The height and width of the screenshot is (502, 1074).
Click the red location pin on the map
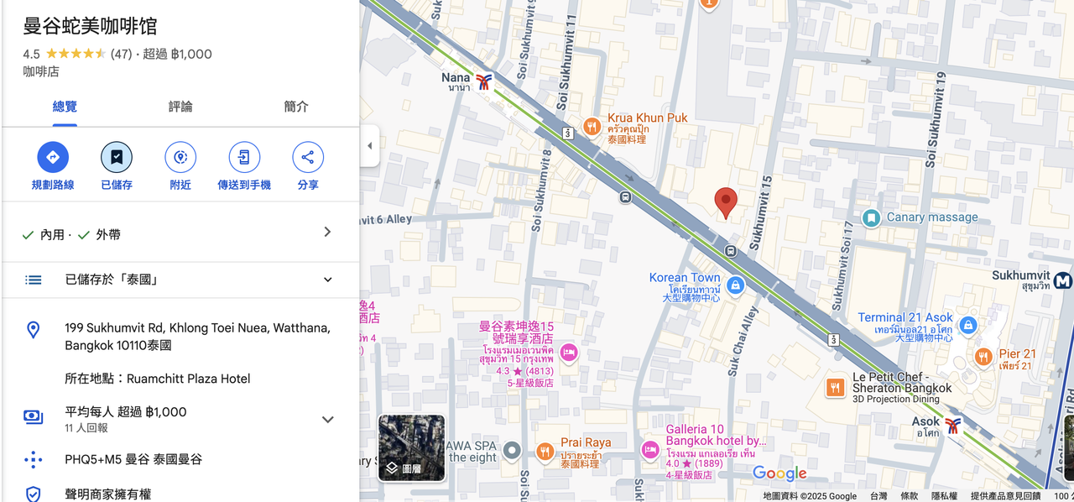(726, 202)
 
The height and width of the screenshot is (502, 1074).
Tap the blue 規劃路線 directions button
(53, 157)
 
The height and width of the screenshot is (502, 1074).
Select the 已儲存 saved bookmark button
(117, 157)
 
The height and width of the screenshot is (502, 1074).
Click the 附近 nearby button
(180, 157)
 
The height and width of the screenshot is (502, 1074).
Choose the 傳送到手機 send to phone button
(244, 157)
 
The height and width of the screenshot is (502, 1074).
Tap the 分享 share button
(308, 157)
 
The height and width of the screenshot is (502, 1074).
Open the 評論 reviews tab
(180, 107)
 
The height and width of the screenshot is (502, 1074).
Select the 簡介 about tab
(296, 107)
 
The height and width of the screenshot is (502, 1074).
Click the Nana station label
(456, 78)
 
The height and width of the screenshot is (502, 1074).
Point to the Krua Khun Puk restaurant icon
(592, 127)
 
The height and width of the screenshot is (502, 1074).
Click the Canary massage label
(931, 217)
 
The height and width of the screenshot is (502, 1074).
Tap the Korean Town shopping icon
(736, 285)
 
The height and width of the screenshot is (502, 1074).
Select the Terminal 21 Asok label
(905, 318)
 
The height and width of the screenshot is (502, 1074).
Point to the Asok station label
(926, 422)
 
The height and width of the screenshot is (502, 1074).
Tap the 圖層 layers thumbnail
(411, 447)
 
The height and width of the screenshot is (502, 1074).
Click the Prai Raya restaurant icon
(545, 452)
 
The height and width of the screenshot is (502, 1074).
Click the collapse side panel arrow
(370, 146)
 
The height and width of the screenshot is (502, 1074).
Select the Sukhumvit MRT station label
(1020, 275)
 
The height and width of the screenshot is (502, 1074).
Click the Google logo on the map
(779, 473)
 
